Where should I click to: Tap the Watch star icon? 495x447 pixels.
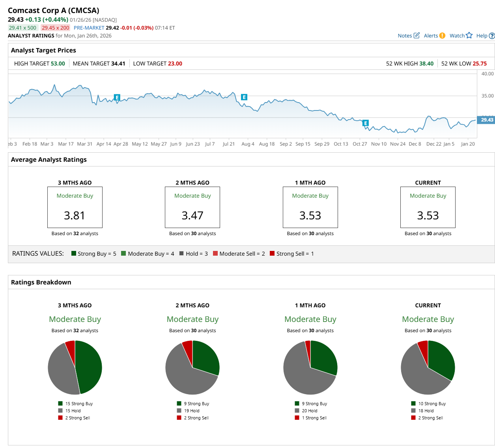469,36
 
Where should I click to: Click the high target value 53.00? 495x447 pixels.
58,64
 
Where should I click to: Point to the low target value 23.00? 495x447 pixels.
175,64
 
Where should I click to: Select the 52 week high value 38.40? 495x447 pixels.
426,64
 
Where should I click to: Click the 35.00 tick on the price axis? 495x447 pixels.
488,96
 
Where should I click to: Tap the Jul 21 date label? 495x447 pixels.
228,144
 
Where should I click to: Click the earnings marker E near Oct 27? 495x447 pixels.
366,123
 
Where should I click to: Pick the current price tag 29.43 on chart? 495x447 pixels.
487,120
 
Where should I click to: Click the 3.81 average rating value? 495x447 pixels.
75,215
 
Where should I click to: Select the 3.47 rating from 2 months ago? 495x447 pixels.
192,215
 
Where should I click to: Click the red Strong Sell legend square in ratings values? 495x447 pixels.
272,253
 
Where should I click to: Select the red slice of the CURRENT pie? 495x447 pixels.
423,347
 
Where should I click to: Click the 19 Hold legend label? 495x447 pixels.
192,411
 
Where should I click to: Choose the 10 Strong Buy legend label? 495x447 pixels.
432,404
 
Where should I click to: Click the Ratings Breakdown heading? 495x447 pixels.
41,282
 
